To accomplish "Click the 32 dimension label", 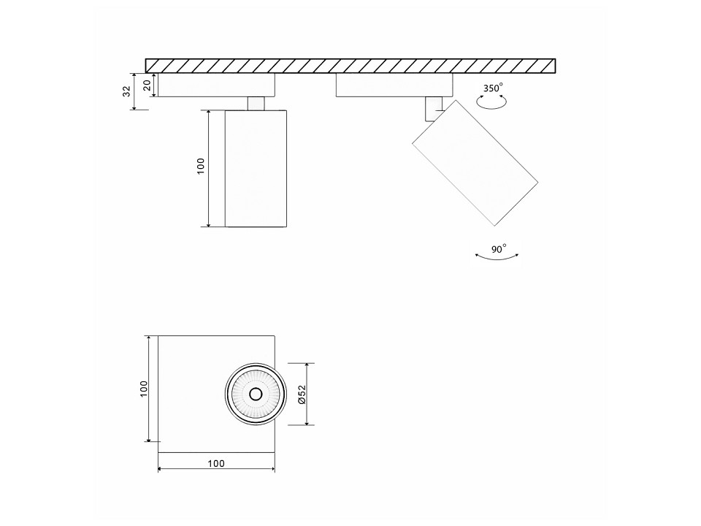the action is [127, 91].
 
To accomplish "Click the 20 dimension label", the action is [147, 85].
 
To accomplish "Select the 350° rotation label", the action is [493, 88].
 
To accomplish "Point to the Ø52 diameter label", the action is [302, 394].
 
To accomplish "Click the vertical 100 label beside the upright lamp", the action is [200, 166].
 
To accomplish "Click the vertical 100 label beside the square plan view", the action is [143, 389].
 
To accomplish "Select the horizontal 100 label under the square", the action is [216, 463].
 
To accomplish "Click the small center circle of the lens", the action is [256, 394].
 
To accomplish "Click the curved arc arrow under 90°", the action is [497, 259].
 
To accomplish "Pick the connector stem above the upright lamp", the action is [256, 103].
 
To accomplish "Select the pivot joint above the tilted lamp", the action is [433, 108].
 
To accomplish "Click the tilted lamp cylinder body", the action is [475, 163].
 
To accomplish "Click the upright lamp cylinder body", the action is [256, 168].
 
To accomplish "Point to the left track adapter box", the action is [217, 85].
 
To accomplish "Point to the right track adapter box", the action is [394, 85].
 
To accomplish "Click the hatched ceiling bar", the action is [350, 66].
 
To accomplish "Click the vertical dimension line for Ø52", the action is [307, 394].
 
